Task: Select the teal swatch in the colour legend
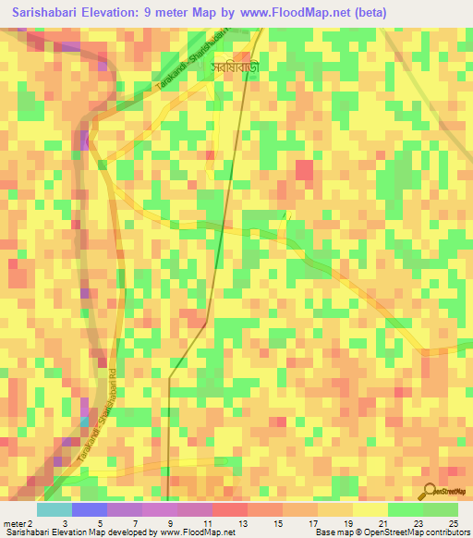[54, 509]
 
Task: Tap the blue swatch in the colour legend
[89, 509]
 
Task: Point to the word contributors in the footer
[445, 533]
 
